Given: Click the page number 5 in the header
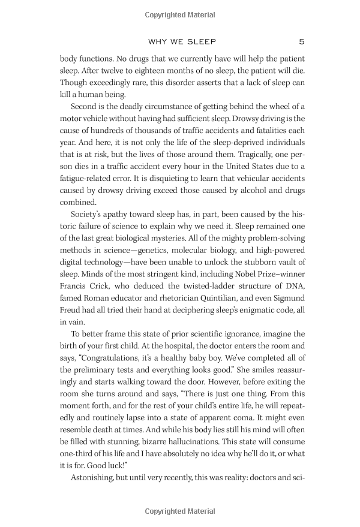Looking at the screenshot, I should (x=301, y=42).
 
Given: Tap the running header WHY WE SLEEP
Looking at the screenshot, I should (x=181, y=42).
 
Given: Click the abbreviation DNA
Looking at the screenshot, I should (x=294, y=301).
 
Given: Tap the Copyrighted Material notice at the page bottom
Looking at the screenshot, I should (x=180, y=511).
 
